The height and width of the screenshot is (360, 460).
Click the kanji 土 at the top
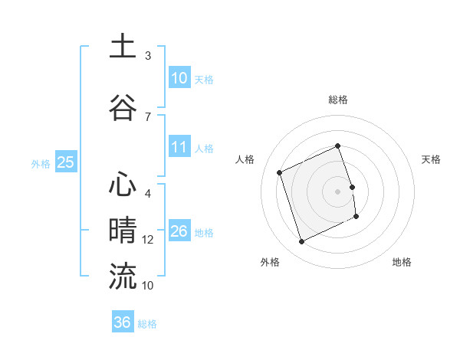[x=123, y=46]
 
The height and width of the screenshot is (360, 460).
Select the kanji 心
[x=123, y=185]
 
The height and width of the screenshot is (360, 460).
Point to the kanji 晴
[x=123, y=231]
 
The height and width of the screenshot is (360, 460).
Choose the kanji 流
[x=123, y=277]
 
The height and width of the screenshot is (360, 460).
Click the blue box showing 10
[x=179, y=78]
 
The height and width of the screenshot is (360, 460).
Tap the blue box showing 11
[x=179, y=147]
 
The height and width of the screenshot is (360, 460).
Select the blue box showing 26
[x=179, y=231]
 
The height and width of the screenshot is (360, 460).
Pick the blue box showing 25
[x=65, y=162]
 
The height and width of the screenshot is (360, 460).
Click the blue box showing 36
[x=123, y=322]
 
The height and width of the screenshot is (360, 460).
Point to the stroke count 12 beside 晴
[x=148, y=240]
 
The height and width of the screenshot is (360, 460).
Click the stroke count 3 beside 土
[x=148, y=56]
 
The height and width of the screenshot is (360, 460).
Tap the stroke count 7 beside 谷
[x=148, y=116]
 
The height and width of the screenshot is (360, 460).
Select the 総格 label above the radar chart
[x=338, y=100]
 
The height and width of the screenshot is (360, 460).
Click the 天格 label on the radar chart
[x=431, y=159]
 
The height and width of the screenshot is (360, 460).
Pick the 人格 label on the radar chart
[x=245, y=159]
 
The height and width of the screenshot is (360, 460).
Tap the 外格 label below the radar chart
[x=270, y=262]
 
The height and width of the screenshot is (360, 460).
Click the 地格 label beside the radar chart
[x=402, y=262]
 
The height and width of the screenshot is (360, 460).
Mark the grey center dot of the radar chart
[x=338, y=191]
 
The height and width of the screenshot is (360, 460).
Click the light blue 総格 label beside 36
[x=147, y=324]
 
